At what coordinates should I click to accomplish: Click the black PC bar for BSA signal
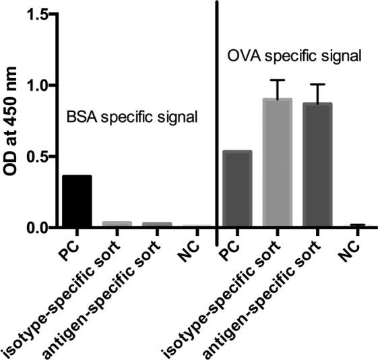[77, 202]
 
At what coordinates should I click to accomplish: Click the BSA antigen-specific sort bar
[157, 225]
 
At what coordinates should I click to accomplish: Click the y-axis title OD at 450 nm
[13, 121]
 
